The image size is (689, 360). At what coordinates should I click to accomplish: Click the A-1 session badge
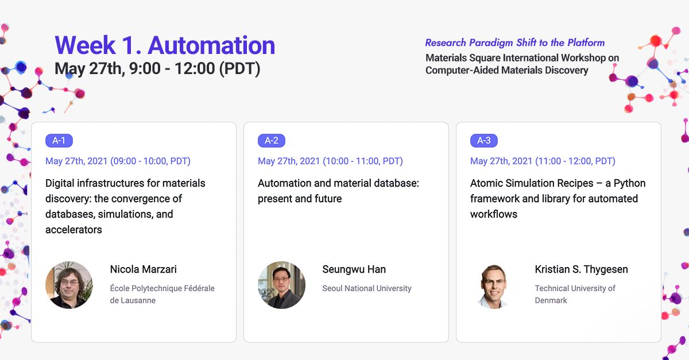point(59,141)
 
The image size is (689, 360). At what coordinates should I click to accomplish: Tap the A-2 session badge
point(271,141)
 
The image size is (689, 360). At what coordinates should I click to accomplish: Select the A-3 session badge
point(484,141)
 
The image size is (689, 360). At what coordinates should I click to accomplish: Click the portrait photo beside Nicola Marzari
point(69,285)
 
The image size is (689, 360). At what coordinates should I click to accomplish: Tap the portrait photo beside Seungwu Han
point(281,285)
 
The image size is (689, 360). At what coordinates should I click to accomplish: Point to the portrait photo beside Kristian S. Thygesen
point(494,286)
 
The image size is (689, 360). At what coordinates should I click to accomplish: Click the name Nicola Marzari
point(144,269)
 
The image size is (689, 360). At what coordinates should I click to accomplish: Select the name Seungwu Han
point(354,269)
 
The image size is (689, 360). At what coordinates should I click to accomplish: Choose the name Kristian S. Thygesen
point(581,269)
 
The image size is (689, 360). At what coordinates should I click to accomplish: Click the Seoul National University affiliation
point(367,288)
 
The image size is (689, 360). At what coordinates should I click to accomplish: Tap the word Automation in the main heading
point(211,45)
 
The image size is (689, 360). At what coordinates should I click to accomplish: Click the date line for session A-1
point(118,161)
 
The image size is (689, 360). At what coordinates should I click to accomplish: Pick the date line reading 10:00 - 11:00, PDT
point(330,161)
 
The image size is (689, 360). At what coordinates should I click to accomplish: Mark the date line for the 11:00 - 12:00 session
point(543,161)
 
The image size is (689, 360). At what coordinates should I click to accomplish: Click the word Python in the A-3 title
point(630,183)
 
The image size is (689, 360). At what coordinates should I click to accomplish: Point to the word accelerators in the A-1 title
point(73,230)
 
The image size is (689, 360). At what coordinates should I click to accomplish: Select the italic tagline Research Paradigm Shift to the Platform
point(515,42)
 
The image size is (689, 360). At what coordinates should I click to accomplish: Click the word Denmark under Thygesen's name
point(551,300)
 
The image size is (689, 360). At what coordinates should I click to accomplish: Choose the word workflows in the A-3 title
point(494,214)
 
